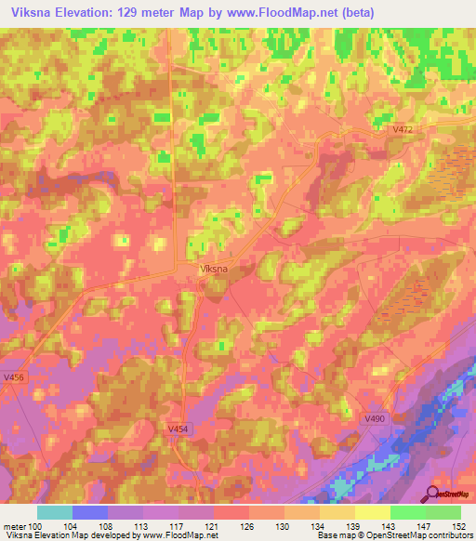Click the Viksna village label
tap(214, 270)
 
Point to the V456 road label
tap(14, 377)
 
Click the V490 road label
tap(375, 419)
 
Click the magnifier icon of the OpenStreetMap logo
tap(433, 494)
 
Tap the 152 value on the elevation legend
tap(460, 525)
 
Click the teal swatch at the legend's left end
tap(55, 512)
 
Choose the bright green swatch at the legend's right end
tap(443, 512)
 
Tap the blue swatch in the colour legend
tap(90, 512)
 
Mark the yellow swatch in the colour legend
tap(372, 512)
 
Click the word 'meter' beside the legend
tap(13, 525)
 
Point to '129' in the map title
tap(135, 12)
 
